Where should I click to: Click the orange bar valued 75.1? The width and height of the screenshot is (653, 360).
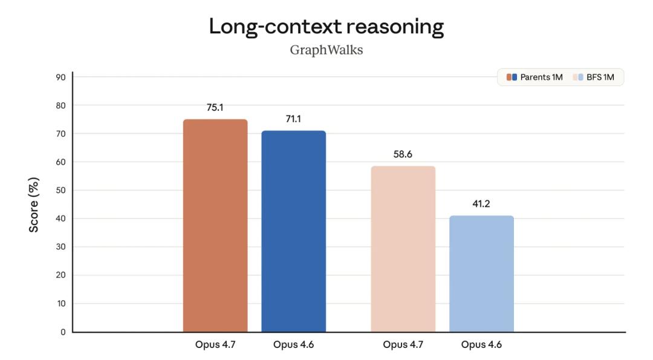coord(215,225)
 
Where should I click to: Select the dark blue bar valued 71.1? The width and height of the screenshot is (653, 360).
coord(293,231)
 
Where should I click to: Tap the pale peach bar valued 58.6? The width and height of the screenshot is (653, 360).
coord(403,249)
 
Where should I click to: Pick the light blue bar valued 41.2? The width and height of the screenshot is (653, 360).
coord(481,273)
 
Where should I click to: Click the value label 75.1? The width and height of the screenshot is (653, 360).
coord(215,108)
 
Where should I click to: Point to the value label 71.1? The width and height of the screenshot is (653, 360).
coord(293,119)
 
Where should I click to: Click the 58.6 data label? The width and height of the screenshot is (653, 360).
coord(403,154)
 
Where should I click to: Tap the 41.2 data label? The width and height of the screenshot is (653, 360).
coord(481,204)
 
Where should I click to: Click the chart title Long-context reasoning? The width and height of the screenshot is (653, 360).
coord(326,27)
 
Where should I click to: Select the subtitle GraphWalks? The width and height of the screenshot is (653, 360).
coord(326,50)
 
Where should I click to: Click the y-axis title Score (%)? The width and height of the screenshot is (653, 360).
coord(34,205)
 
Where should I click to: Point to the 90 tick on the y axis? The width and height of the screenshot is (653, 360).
coord(61,77)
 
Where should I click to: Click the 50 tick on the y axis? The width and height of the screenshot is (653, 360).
coord(61,190)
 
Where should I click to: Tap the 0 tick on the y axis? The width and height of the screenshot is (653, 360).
coord(63,332)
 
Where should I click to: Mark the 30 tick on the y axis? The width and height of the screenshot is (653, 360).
coord(61,247)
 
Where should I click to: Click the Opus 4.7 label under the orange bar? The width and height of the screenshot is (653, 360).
coord(215,345)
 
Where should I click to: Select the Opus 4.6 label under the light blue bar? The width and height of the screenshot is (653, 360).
coord(481,345)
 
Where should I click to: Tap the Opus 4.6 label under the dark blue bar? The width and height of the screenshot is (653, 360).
coord(293,345)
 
